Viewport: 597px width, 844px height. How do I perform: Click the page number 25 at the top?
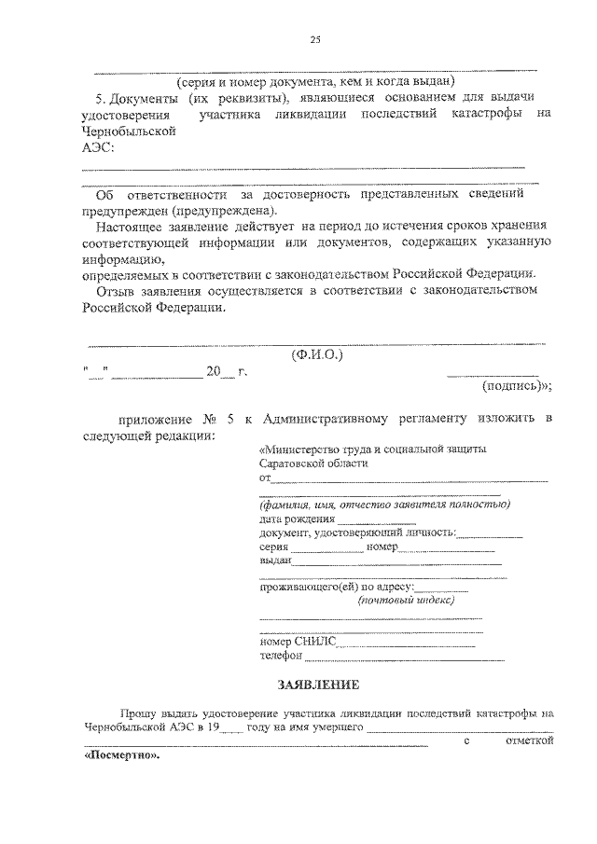pyautogui.click(x=315, y=38)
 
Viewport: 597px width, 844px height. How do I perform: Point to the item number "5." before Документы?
pyautogui.click(x=101, y=98)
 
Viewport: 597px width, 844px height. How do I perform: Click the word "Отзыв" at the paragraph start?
pyautogui.click(x=116, y=291)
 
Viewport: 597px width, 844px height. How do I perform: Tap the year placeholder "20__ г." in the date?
pyautogui.click(x=227, y=372)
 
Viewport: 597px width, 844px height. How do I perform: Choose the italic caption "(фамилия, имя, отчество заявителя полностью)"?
pyautogui.click(x=384, y=504)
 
